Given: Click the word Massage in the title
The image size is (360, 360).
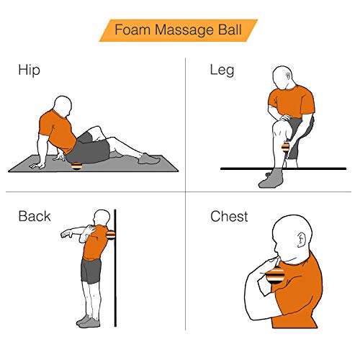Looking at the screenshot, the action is point(184,30).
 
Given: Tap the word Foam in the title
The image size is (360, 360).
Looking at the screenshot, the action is point(132,30).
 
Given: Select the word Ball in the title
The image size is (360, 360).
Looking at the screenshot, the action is point(230,30).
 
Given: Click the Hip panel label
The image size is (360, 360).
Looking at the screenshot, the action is point(29,71).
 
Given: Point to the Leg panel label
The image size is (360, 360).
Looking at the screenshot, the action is point(222,71).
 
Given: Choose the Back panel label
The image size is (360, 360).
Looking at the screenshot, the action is point(35,216).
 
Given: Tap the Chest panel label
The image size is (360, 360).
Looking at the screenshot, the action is point(229,216).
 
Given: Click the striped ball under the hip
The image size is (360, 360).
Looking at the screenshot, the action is point(77,166).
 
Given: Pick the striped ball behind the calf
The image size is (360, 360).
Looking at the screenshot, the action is point(286,147).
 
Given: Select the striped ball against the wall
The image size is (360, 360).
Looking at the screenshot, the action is point(110,235).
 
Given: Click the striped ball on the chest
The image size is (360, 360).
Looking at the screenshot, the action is point(275,275).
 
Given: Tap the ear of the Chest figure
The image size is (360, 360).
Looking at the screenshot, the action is point(301,240).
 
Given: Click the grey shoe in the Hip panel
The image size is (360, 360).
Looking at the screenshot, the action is point(149,159).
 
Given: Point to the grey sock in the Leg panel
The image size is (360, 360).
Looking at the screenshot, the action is point(271,178).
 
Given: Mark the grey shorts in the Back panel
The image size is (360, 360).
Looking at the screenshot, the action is point(91,271).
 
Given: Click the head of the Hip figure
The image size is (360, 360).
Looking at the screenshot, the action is point(63,107).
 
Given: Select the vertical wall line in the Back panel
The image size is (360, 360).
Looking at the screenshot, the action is point(115,268).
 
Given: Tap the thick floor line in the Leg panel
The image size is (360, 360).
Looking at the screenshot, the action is point(283,168).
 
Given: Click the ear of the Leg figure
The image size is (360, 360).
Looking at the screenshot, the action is point(289,76).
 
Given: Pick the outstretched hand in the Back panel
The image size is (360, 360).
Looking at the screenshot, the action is point(66,233).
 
